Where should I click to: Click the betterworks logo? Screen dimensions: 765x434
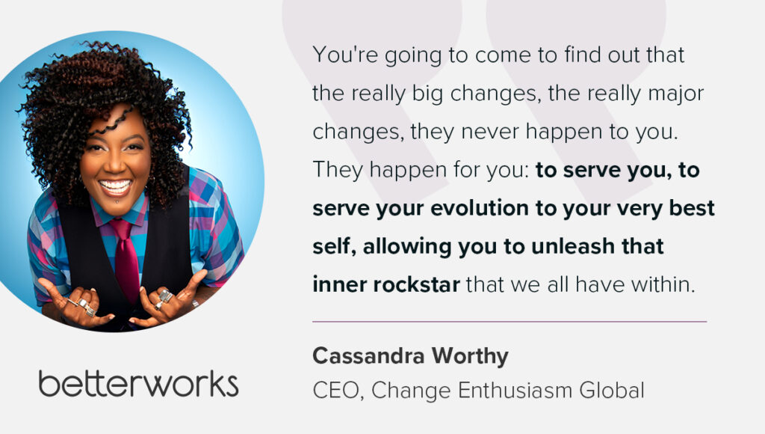coord(138,384)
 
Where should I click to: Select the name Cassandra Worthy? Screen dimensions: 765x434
coord(410,356)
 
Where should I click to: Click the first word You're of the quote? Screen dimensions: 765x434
coord(345,55)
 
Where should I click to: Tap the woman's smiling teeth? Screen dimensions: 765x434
coord(115,186)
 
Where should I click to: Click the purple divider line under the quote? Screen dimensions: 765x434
coord(510,322)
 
